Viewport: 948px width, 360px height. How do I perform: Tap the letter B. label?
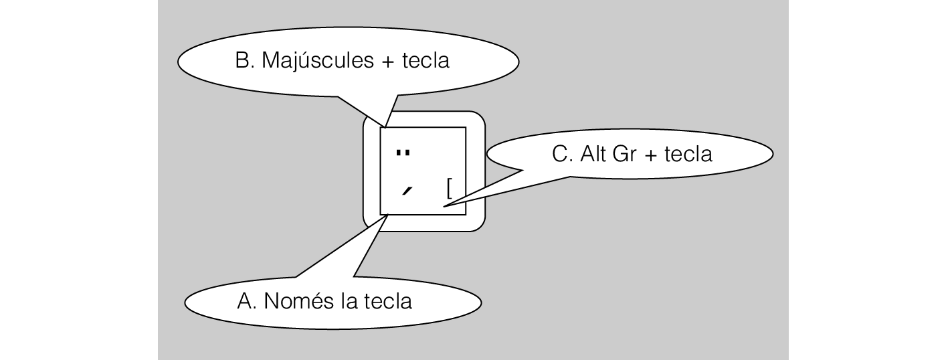coord(243,61)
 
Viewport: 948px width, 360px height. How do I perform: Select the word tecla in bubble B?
coord(426,61)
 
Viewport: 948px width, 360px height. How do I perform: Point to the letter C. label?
coord(563,155)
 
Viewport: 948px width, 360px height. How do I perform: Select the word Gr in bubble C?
coord(625,155)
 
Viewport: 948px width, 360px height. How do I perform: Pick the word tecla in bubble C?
coord(690,155)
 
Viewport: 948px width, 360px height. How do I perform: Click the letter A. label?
coord(247,302)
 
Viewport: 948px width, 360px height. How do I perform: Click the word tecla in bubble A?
coord(388,302)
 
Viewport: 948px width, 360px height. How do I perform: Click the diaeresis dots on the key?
coord(403,153)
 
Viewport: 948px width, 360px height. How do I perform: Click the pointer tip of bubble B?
coord(385,125)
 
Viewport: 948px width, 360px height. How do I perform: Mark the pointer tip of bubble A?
coord(383,215)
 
